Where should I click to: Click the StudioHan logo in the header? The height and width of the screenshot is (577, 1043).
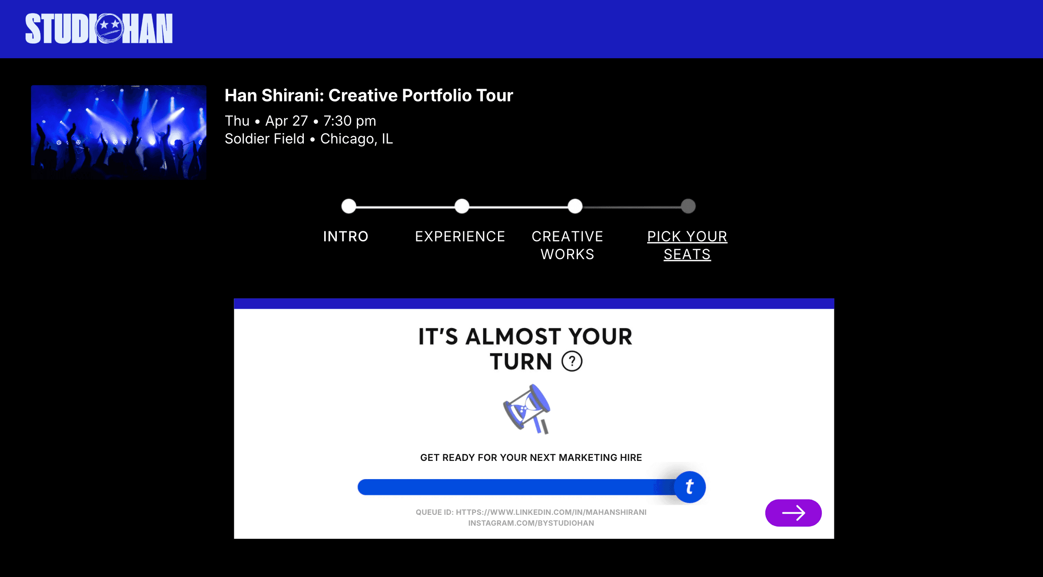click(x=99, y=29)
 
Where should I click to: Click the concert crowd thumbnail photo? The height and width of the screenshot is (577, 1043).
click(x=119, y=132)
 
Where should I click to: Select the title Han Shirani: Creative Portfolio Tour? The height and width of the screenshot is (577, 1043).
click(x=369, y=96)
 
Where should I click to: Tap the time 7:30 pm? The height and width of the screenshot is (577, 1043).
click(x=349, y=121)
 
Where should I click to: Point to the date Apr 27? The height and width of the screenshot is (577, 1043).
click(x=286, y=121)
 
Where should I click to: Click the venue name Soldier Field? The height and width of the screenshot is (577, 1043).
click(x=264, y=139)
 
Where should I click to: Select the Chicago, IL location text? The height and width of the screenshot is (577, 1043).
click(x=356, y=139)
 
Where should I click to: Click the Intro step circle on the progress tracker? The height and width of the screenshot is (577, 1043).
click(x=349, y=206)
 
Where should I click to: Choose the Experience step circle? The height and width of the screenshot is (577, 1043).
click(x=462, y=206)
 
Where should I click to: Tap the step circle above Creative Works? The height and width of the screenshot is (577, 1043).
click(x=575, y=206)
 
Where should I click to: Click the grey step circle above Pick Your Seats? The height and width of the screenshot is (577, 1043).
click(x=688, y=206)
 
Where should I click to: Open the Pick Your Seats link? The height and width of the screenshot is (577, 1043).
click(x=687, y=245)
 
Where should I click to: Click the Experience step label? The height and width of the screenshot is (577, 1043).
click(x=460, y=237)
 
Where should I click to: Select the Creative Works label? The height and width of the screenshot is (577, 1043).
click(x=567, y=245)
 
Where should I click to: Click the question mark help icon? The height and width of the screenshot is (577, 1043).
click(x=572, y=361)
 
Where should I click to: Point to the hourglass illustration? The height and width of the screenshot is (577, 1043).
click(x=527, y=409)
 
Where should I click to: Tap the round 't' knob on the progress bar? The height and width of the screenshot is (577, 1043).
click(x=690, y=487)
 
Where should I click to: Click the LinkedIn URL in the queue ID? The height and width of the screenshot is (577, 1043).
click(x=551, y=512)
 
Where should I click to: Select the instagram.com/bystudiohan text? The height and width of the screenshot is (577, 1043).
click(x=531, y=523)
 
